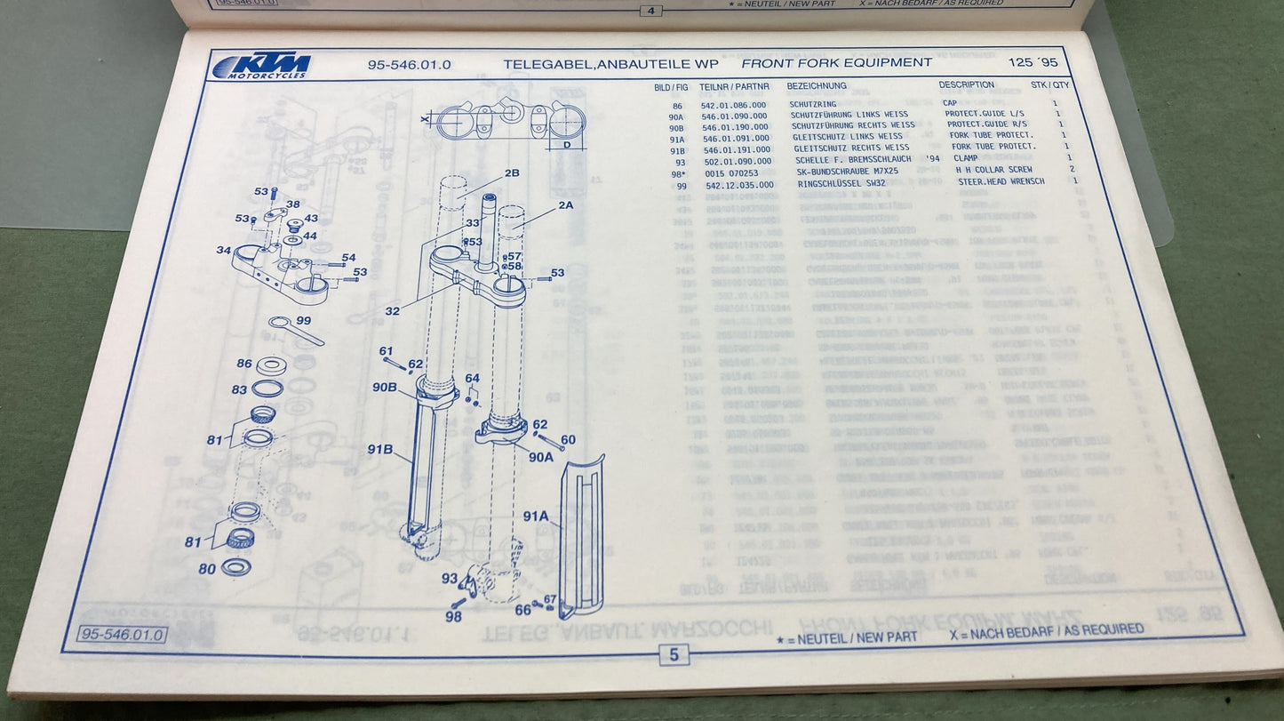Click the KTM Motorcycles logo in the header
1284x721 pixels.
(x=263, y=66)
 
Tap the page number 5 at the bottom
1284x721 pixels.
(x=674, y=655)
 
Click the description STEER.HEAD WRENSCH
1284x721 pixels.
(x=1001, y=181)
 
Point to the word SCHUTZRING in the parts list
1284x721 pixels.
(x=813, y=105)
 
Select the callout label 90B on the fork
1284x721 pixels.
(x=384, y=387)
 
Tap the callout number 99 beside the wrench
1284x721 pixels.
(x=303, y=320)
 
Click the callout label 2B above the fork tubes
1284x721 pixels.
(x=512, y=173)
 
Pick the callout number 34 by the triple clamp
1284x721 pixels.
(x=223, y=250)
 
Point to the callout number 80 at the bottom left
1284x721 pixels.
(x=206, y=569)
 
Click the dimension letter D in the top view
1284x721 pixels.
(x=566, y=144)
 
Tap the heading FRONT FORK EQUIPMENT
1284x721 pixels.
(x=836, y=63)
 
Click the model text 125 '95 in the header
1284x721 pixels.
(x=1033, y=63)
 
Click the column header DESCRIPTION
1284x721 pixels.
(x=967, y=85)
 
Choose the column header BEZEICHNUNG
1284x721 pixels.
(x=816, y=86)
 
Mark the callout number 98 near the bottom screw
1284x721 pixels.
(x=453, y=616)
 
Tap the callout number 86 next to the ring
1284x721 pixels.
(x=243, y=363)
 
